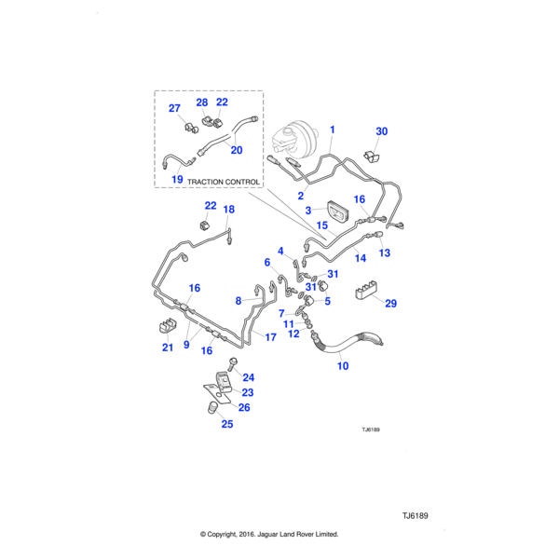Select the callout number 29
(390, 304)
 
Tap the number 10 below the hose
(342, 366)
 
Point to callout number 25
(227, 424)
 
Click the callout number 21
(168, 348)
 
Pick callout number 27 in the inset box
(173, 108)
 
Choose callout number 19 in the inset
(177, 176)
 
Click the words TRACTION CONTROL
(221, 182)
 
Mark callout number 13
(384, 252)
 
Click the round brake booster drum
(293, 139)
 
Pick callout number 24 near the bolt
(248, 376)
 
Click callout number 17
(270, 338)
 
